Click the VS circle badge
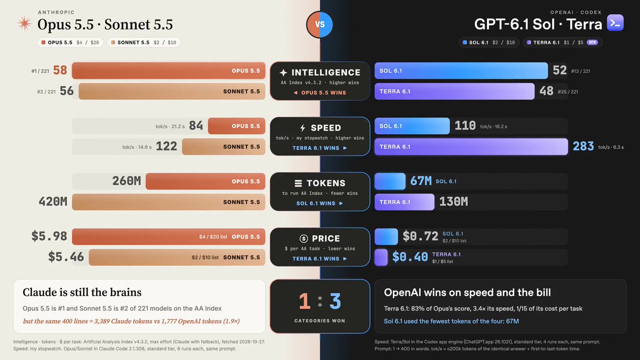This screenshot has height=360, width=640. click(319, 25)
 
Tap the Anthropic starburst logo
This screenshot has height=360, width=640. click(25, 23)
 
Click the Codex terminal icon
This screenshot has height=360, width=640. click(615, 22)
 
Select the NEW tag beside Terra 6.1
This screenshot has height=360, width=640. click(593, 42)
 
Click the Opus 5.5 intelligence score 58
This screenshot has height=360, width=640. click(60, 70)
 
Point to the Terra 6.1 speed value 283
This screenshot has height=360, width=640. click(583, 146)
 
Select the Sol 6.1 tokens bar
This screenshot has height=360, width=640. click(390, 181)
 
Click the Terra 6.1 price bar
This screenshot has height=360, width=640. click(381, 257)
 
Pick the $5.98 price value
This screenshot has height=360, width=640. click(49, 236)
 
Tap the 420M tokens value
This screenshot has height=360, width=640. click(53, 202)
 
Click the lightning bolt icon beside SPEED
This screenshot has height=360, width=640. click(302, 127)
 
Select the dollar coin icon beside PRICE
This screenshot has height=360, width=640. click(303, 238)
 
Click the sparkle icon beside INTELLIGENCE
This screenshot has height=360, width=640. click(283, 73)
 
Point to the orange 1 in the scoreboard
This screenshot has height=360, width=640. click(305, 301)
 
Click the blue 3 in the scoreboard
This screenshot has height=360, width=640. click(335, 301)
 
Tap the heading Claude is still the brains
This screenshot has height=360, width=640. click(82, 292)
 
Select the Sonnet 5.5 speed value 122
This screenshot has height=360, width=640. click(166, 146)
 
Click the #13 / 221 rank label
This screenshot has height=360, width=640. click(581, 71)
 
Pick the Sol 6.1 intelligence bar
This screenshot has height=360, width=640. click(461, 70)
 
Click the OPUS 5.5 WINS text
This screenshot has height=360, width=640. click(323, 93)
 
